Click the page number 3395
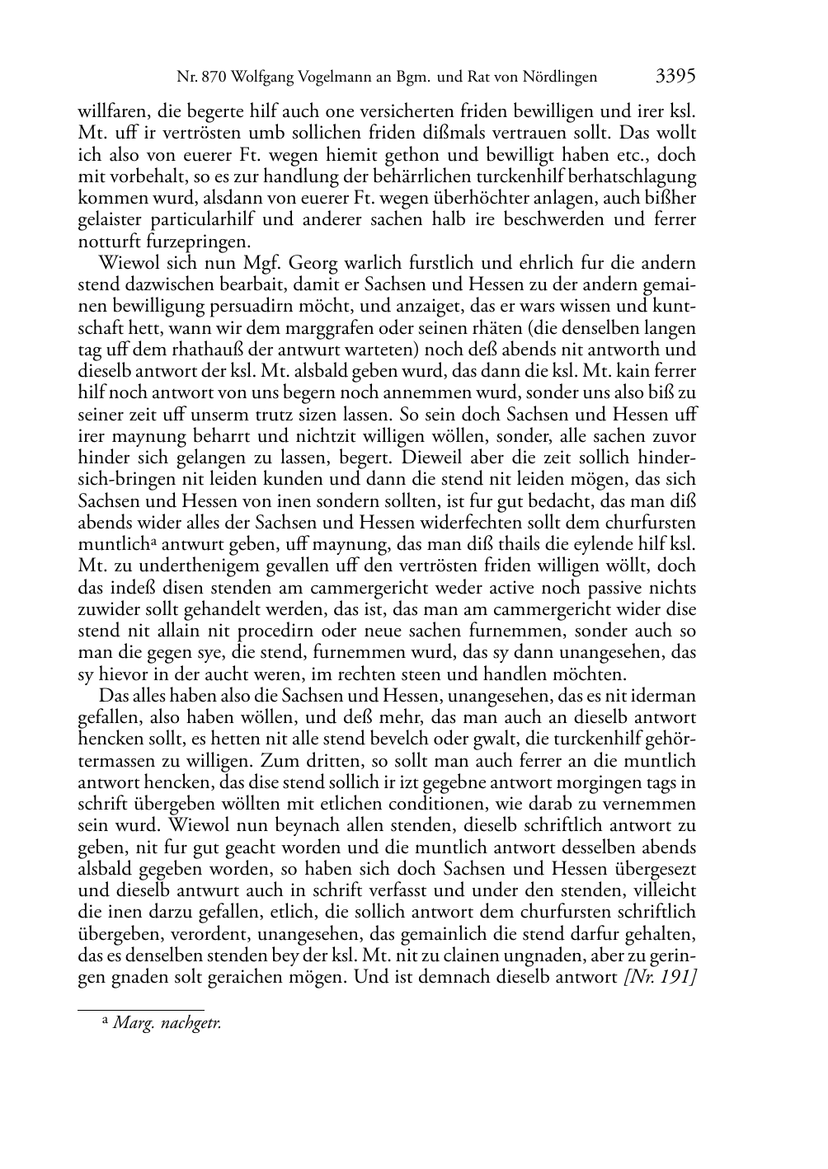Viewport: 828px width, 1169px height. point(676,77)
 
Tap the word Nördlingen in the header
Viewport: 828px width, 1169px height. point(555,78)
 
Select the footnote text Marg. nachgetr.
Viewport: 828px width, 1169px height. point(167,1023)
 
